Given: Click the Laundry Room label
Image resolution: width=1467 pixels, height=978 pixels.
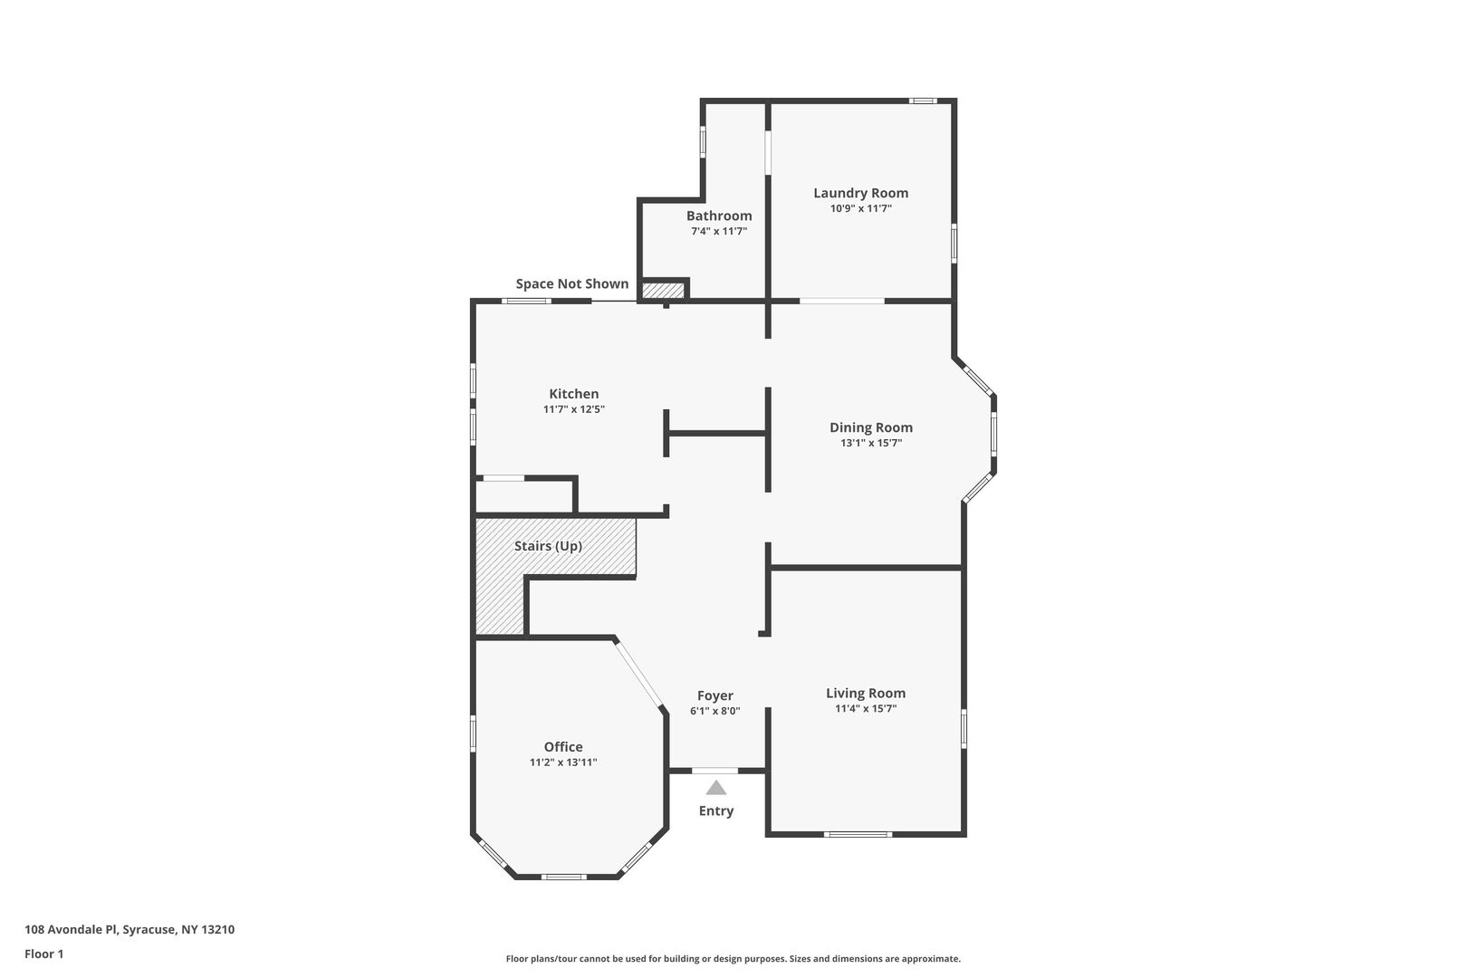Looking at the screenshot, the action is click(x=860, y=193).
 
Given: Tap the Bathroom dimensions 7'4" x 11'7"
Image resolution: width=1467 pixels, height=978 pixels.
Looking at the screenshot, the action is click(x=719, y=231).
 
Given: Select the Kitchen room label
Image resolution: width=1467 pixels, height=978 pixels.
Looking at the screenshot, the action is click(x=574, y=394).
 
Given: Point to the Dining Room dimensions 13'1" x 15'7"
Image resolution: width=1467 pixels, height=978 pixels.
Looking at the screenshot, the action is click(x=871, y=443).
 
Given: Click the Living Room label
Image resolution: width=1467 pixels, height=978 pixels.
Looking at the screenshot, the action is click(x=866, y=693).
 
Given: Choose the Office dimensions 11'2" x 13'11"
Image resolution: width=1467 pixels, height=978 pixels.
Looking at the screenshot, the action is click(x=563, y=762).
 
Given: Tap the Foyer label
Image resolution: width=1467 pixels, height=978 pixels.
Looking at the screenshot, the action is click(x=715, y=695).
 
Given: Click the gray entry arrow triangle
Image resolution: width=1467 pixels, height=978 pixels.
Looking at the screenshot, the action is click(x=715, y=788).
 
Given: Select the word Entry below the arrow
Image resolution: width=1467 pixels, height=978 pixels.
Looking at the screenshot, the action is click(x=715, y=811).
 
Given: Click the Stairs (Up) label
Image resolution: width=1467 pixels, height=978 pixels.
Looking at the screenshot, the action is click(x=548, y=546).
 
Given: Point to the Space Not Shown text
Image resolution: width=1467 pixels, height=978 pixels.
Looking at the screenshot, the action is click(x=571, y=283).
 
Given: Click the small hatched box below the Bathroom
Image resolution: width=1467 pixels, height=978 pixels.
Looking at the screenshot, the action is click(x=663, y=290).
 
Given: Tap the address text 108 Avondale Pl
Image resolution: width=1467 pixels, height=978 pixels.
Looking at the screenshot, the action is click(x=71, y=929).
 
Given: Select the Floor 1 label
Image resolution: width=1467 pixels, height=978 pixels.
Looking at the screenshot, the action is click(x=43, y=954).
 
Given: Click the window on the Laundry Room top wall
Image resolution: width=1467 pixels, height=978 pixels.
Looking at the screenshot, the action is click(x=923, y=101).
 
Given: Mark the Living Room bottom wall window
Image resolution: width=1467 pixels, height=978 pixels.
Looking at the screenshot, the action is click(x=858, y=835).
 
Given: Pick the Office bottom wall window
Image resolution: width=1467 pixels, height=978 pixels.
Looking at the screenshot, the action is click(x=563, y=877).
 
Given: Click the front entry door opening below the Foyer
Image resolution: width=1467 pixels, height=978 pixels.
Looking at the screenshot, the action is click(x=715, y=771).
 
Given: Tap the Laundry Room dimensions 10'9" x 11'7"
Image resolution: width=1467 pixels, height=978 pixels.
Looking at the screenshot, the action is click(x=860, y=209).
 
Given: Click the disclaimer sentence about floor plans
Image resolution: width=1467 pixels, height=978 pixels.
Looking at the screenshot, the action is click(x=733, y=959).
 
